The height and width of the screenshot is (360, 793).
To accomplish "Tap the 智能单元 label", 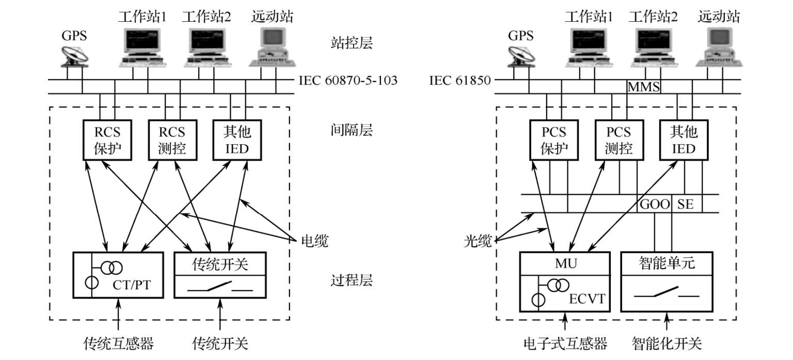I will click(x=667, y=263).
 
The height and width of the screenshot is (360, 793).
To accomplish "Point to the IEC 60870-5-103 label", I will click(x=348, y=80).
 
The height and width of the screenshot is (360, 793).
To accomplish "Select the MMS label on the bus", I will click(x=643, y=87).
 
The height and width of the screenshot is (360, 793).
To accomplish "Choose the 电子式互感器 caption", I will click(x=565, y=343).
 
